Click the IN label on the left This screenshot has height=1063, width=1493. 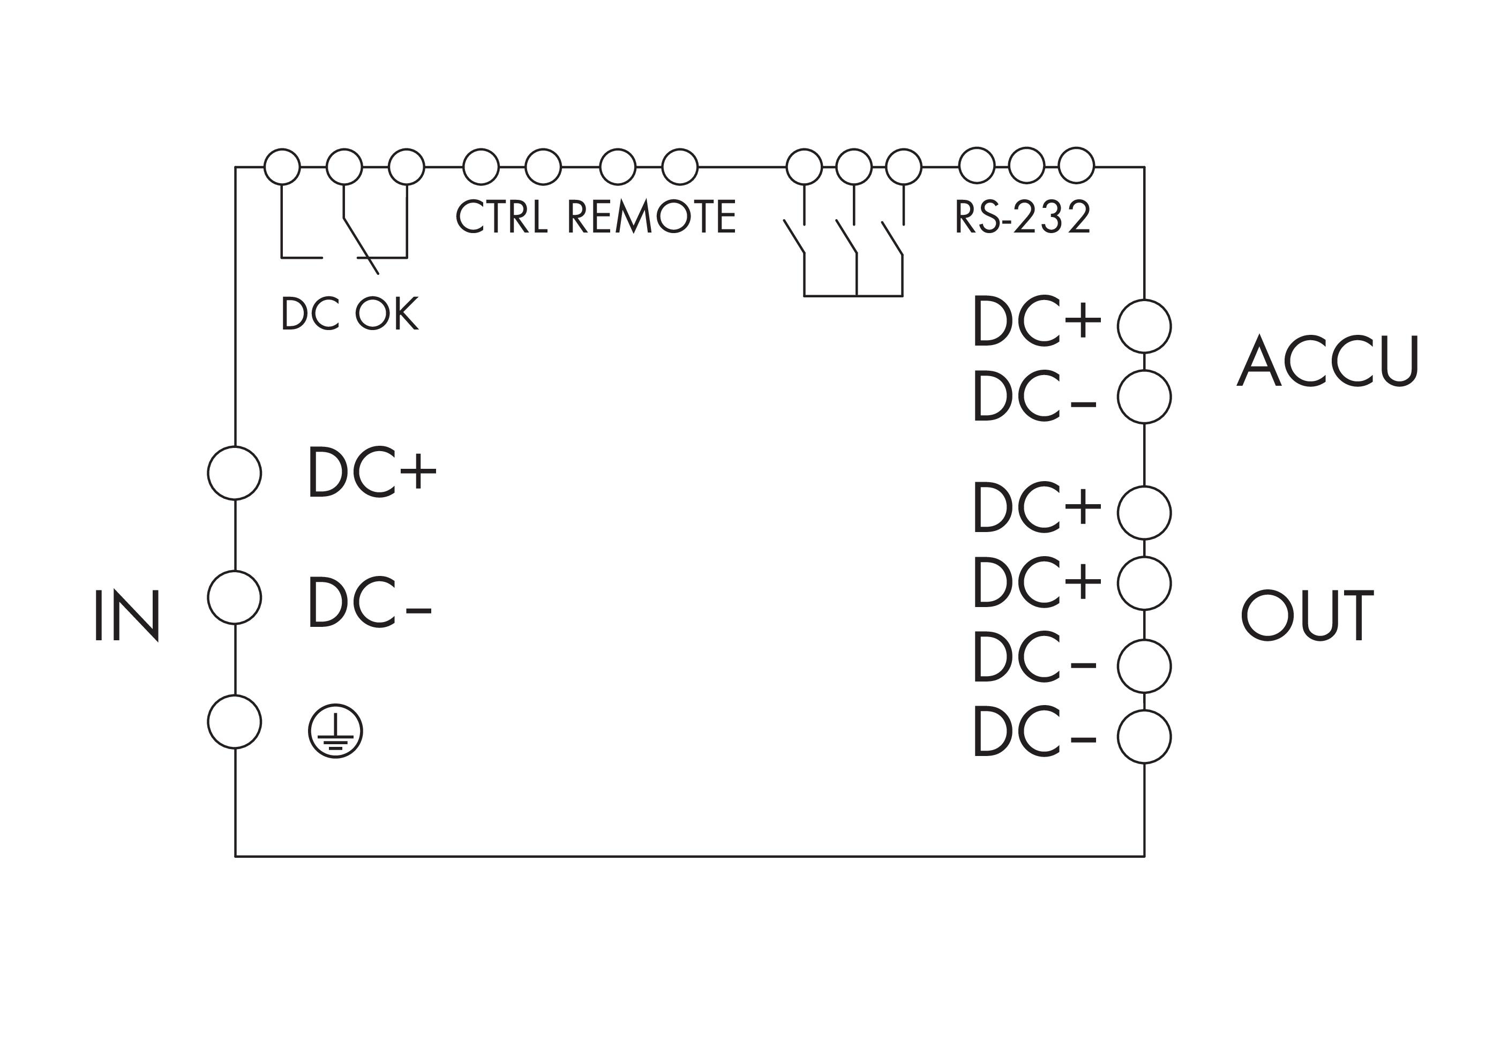coord(127,615)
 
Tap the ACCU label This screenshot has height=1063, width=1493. coord(1327,361)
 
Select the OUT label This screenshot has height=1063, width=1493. coord(1307,615)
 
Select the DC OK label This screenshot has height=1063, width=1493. coord(349,313)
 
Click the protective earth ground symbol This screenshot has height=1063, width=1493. coord(335,731)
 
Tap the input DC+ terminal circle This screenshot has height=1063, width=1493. coord(234,473)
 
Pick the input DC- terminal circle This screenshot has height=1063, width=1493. coord(234,597)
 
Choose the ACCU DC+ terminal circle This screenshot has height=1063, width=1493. coord(1144,326)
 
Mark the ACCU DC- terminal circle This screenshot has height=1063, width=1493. coord(1144,396)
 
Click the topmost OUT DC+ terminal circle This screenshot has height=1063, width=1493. coord(1144,513)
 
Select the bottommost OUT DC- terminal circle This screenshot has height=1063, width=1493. coord(1144,736)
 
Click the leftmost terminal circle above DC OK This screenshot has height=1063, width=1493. coord(282,167)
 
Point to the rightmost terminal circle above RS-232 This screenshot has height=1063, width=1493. coord(1076,166)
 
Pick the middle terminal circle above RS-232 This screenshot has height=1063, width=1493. coord(1026,166)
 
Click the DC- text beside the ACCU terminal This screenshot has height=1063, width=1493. coord(1034,396)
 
